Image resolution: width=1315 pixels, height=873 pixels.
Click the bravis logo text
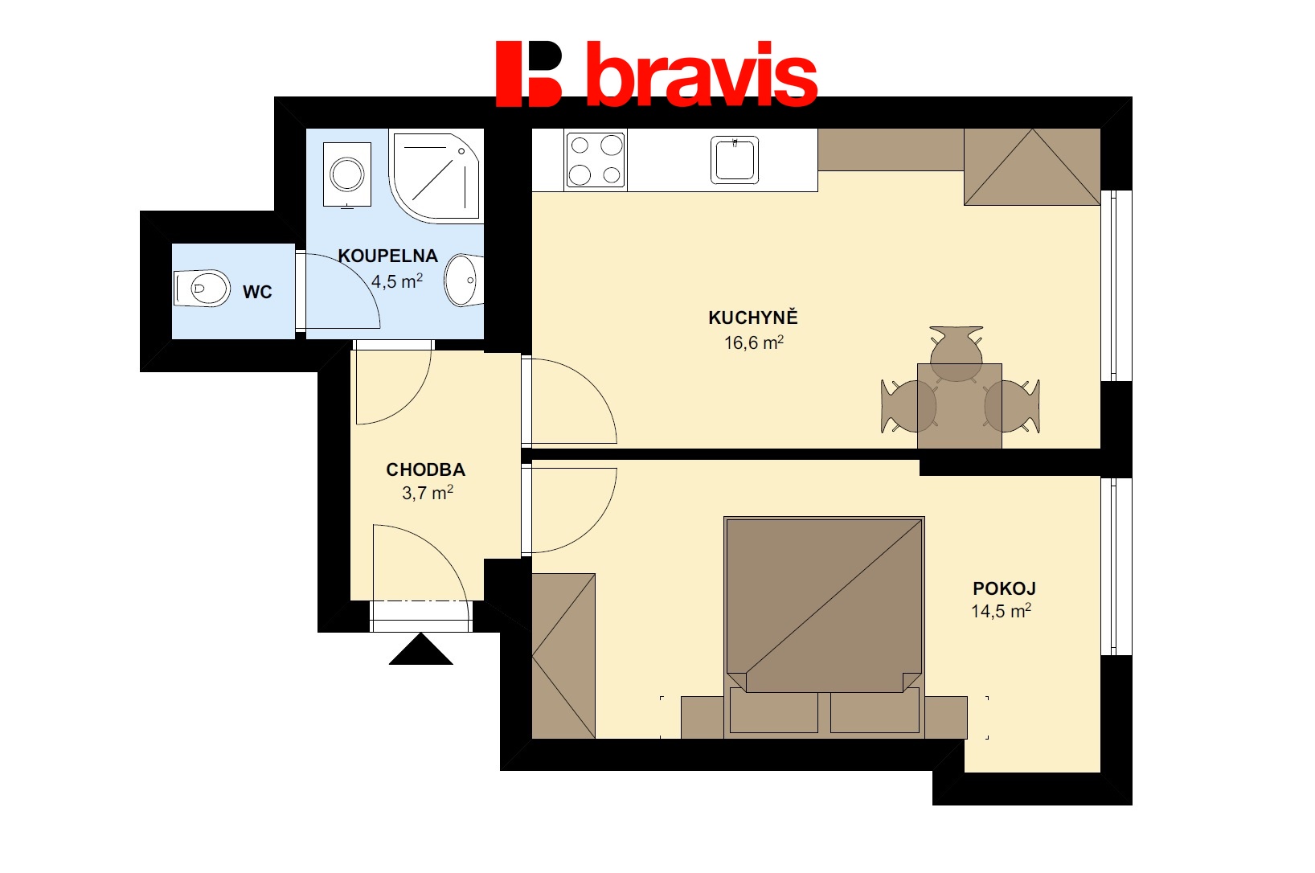pyautogui.click(x=703, y=74)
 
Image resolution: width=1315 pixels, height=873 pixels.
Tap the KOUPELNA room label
pyautogui.click(x=388, y=256)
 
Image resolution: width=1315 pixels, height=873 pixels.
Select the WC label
pyautogui.click(x=257, y=292)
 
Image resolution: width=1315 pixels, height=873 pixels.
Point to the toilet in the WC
pyautogui.click(x=202, y=289)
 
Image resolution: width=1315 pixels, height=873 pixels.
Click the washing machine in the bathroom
pyautogui.click(x=347, y=174)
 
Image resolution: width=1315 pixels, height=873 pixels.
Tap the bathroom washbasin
pyautogui.click(x=464, y=280)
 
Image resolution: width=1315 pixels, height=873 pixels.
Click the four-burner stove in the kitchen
pyautogui.click(x=596, y=160)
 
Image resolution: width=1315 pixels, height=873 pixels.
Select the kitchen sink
pyautogui.click(x=735, y=160)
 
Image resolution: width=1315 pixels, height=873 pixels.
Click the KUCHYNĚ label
pyautogui.click(x=753, y=318)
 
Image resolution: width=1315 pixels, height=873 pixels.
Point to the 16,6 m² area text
pyautogui.click(x=754, y=342)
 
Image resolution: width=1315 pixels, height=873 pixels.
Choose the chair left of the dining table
pyautogui.click(x=908, y=406)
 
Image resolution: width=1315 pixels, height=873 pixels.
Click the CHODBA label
pyautogui.click(x=426, y=469)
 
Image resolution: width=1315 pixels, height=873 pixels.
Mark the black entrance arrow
pyautogui.click(x=421, y=650)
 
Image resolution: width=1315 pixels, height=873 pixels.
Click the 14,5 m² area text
pyautogui.click(x=1001, y=611)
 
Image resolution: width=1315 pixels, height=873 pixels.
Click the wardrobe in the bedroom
pyautogui.click(x=563, y=656)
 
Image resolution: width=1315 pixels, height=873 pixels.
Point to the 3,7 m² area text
pyautogui.click(x=428, y=493)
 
